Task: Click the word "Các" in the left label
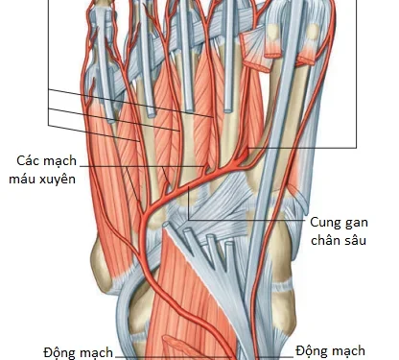[29, 160]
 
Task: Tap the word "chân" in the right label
[328, 239]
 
